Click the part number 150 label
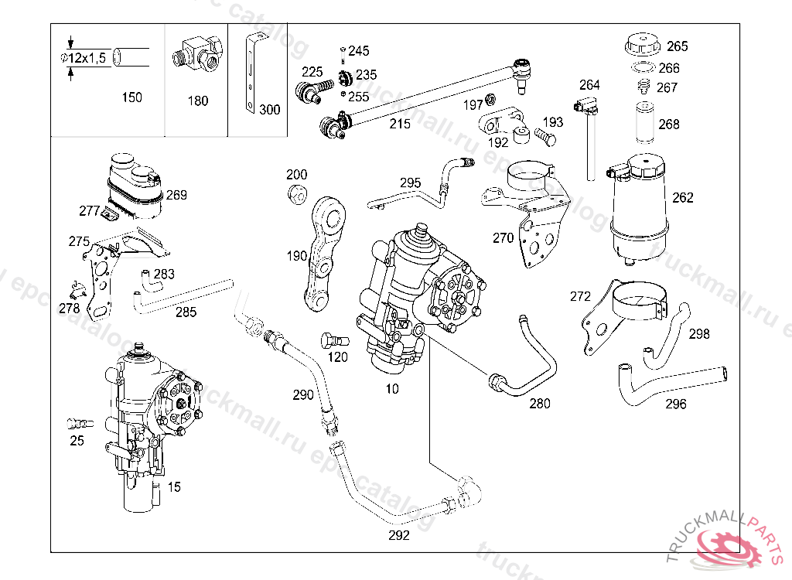pyautogui.click(x=132, y=97)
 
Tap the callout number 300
pyautogui.click(x=269, y=110)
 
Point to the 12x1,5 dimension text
pyautogui.click(x=84, y=59)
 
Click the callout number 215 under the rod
pyautogui.click(x=400, y=124)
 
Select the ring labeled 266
pyautogui.click(x=641, y=67)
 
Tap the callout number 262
pyautogui.click(x=683, y=197)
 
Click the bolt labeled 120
pyautogui.click(x=329, y=340)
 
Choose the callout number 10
pyautogui.click(x=392, y=389)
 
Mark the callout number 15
pyautogui.click(x=175, y=487)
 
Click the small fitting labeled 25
pyautogui.click(x=77, y=424)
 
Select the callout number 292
pyautogui.click(x=399, y=534)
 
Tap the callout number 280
pyautogui.click(x=540, y=403)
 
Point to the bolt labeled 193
pyautogui.click(x=543, y=137)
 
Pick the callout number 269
pyautogui.click(x=176, y=195)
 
